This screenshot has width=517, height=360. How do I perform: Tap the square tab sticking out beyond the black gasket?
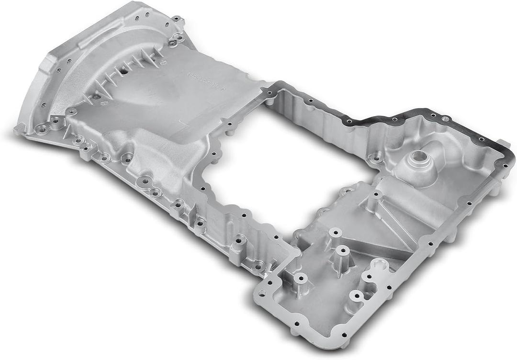tap(503, 143)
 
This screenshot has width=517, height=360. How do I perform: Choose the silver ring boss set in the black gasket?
tap(445, 118)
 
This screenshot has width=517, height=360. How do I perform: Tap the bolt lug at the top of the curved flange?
tap(178, 21)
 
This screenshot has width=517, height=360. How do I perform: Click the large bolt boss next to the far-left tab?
tap(43, 128)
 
